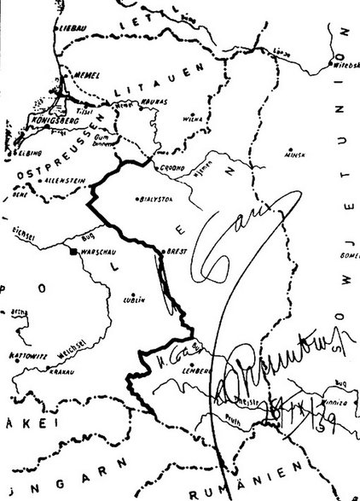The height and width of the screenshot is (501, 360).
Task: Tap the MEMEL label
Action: pos(88,74)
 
